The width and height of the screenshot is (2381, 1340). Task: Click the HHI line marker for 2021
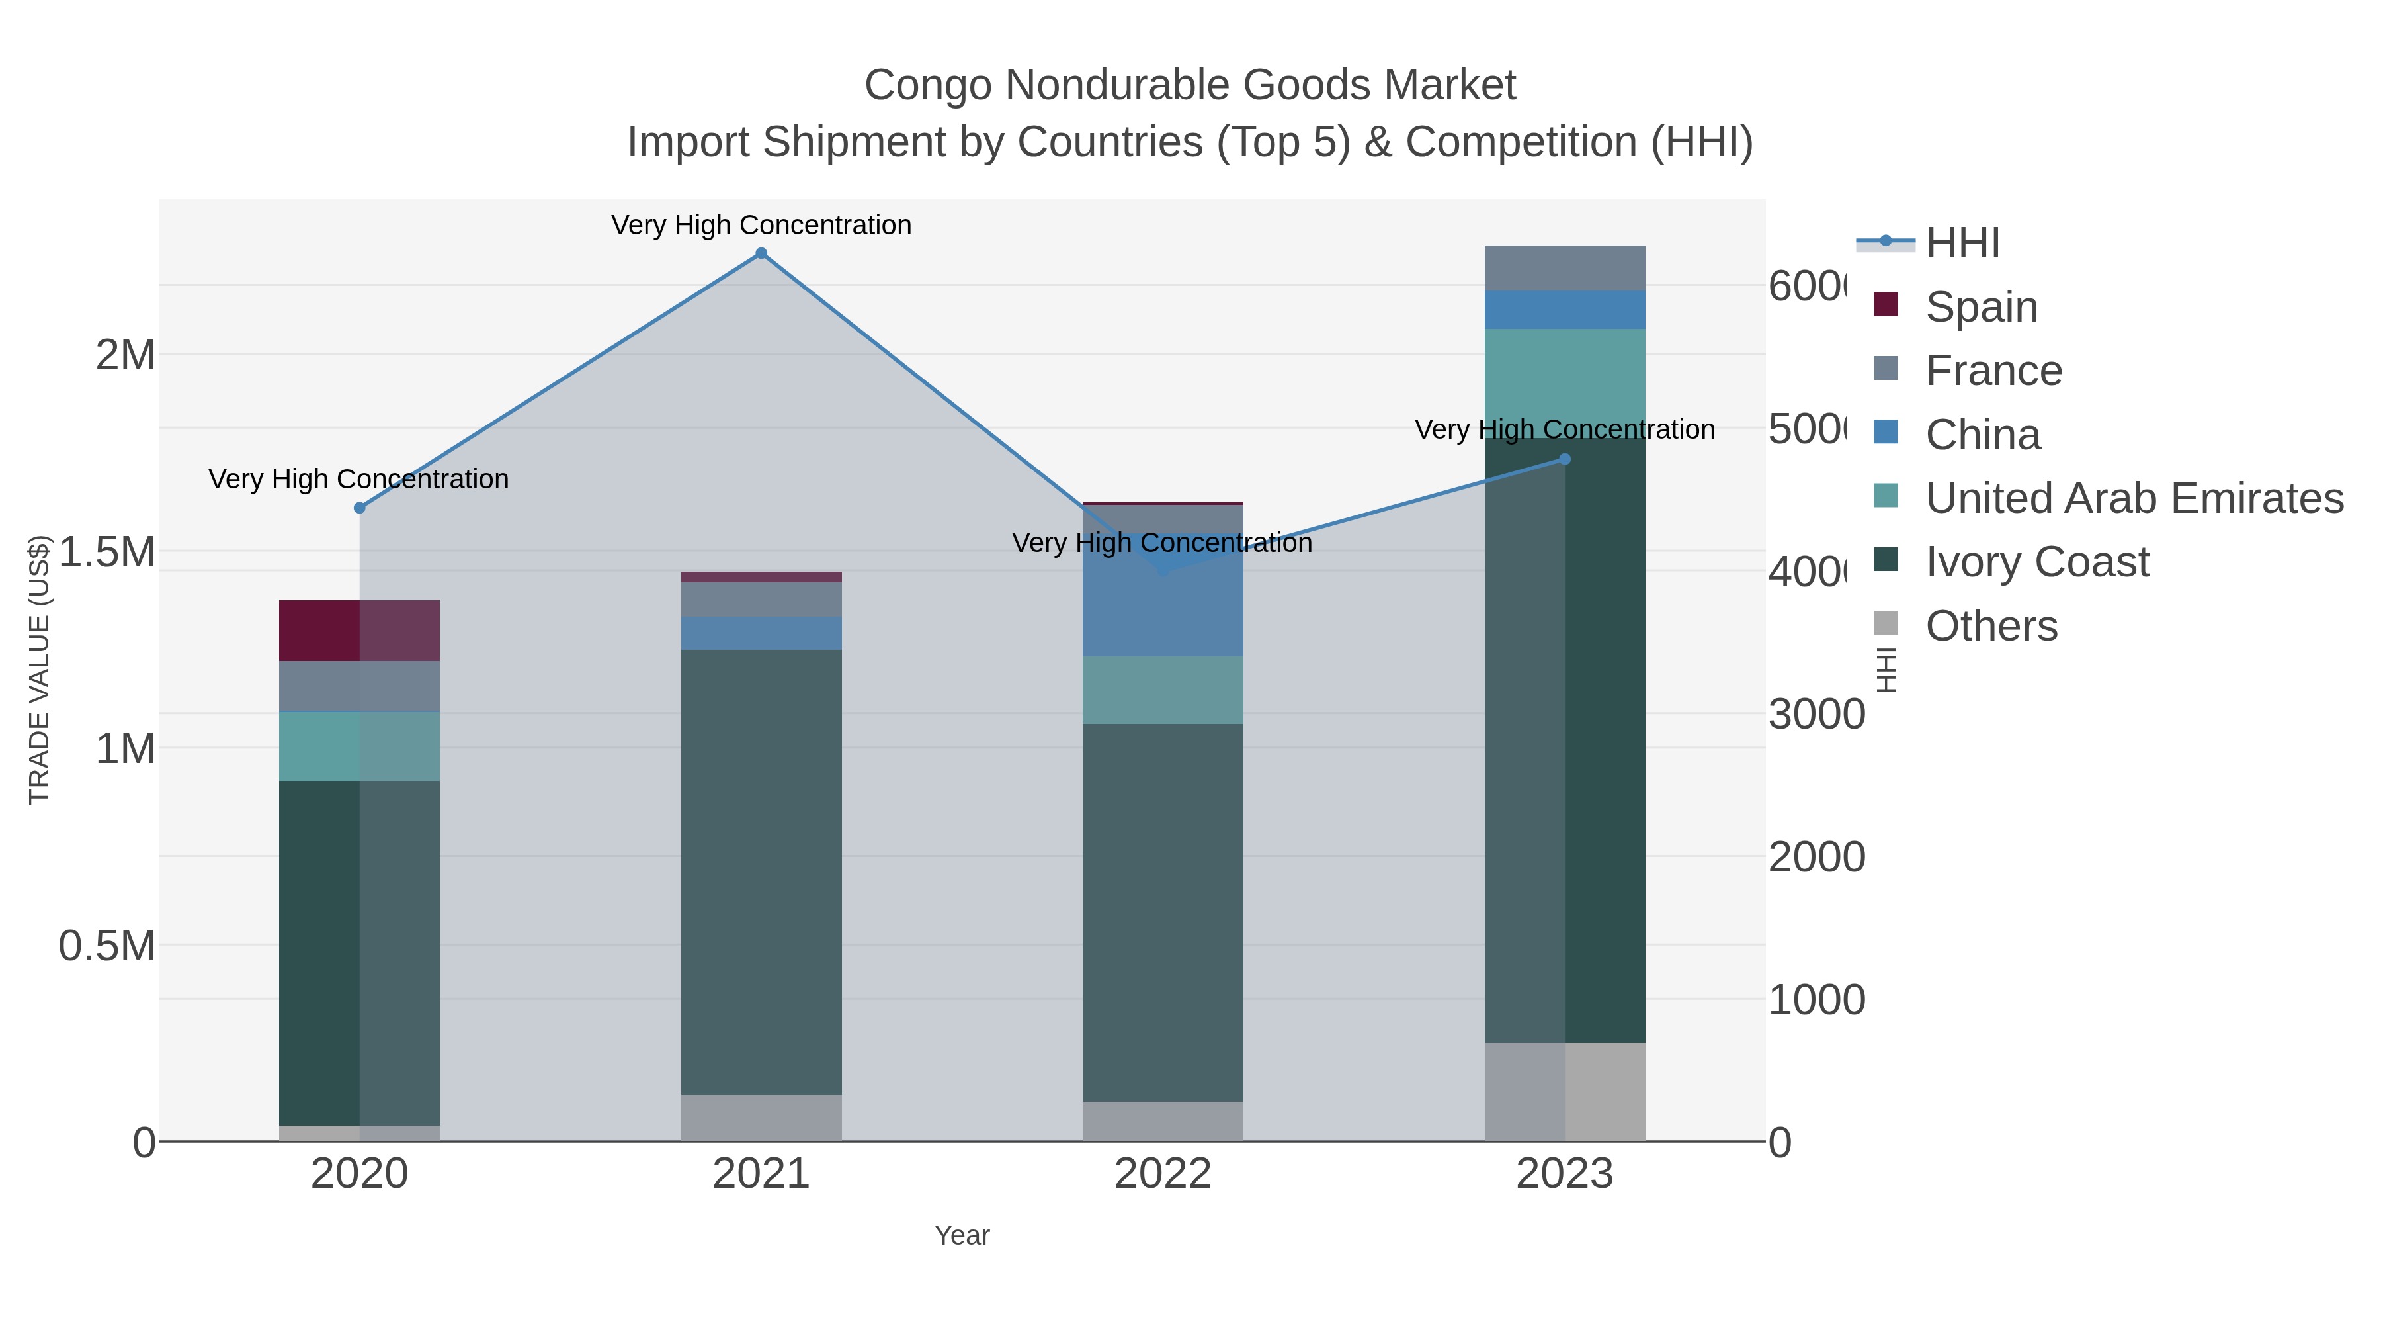[x=761, y=253]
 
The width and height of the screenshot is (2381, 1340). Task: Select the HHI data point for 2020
[x=360, y=508]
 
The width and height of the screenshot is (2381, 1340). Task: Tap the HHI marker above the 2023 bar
[x=1564, y=459]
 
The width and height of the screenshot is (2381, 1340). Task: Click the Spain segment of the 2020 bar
[x=360, y=631]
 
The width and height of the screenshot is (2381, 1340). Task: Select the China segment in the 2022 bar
[x=1162, y=601]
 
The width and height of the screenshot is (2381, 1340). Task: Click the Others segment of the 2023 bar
[x=1564, y=1091]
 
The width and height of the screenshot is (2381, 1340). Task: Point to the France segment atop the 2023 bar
[x=1564, y=268]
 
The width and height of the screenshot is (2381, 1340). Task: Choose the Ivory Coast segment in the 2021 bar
[x=761, y=872]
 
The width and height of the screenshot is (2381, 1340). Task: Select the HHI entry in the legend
[x=1962, y=244]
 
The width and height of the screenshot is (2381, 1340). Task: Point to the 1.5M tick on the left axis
[x=107, y=552]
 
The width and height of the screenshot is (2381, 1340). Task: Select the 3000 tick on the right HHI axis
[x=1816, y=715]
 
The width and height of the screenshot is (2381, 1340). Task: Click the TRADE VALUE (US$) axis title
[x=39, y=670]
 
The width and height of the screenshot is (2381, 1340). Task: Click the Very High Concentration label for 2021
[x=761, y=225]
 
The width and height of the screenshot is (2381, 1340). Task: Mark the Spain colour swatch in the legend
[x=1885, y=304]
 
